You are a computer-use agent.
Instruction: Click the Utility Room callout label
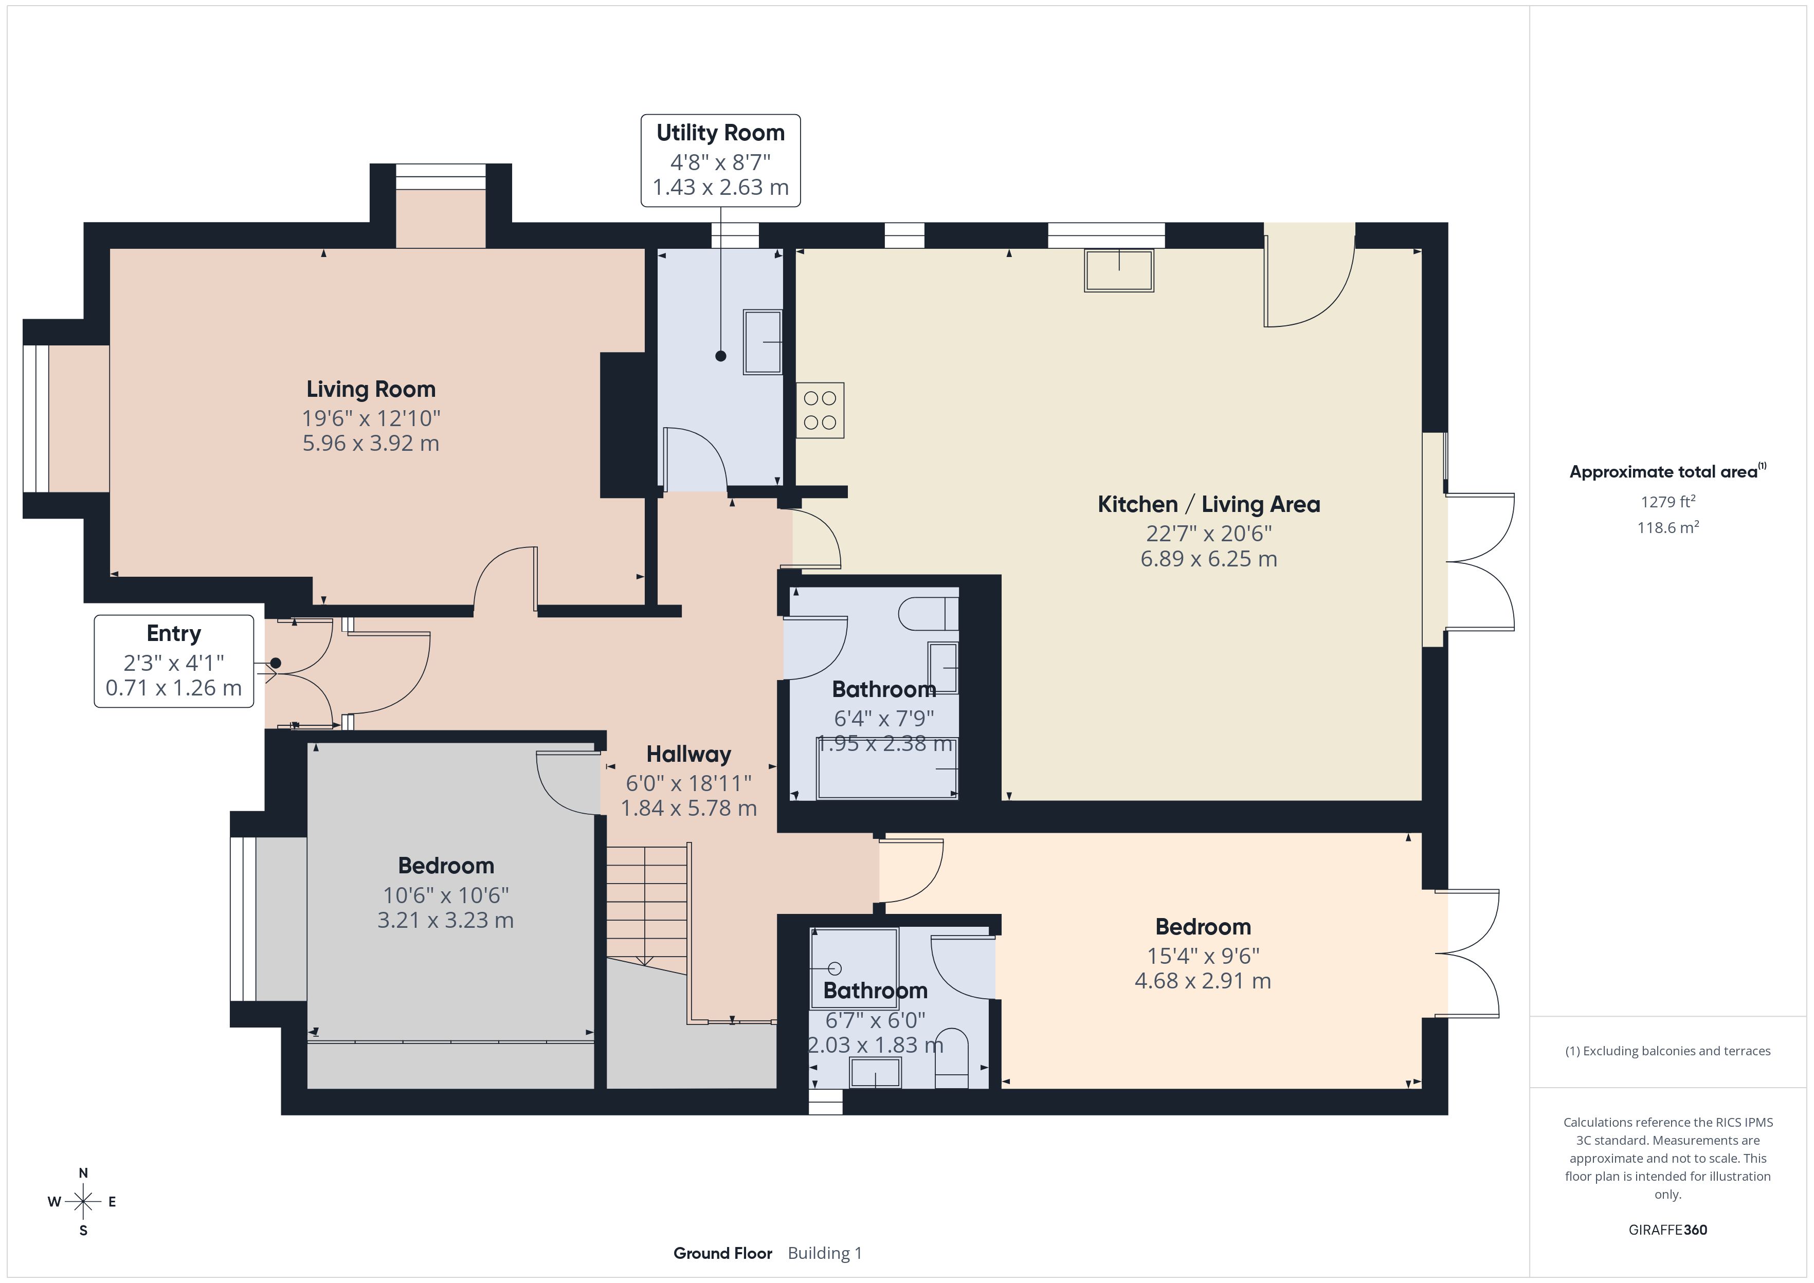tap(720, 160)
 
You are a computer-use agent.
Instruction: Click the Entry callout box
tap(174, 661)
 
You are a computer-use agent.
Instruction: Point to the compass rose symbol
tap(83, 1202)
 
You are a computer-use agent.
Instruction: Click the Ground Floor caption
tap(722, 1253)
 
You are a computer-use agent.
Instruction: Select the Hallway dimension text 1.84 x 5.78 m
tap(688, 808)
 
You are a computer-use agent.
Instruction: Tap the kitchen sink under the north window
tap(1119, 270)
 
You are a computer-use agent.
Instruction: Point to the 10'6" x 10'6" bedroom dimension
tap(446, 895)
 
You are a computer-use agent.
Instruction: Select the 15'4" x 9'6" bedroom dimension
tap(1203, 956)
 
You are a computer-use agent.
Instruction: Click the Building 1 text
tap(825, 1253)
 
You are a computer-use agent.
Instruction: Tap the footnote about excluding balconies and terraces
tap(1668, 1051)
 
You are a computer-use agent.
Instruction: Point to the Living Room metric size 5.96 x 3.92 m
tap(371, 443)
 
